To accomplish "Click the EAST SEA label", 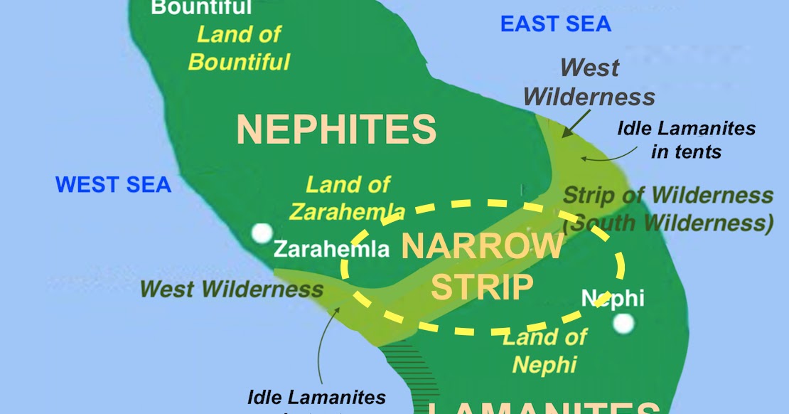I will point(555,23).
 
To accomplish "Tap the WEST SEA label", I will point(113,185).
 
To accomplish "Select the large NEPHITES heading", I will point(336,129).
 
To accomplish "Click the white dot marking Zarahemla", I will point(262,233).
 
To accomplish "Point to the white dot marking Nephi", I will point(623,324).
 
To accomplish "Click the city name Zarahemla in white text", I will point(331,250).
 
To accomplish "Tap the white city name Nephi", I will point(613,297).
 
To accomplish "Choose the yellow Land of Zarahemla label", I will point(348,198).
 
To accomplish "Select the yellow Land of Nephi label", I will point(545,350).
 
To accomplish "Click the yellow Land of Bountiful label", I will point(239,48).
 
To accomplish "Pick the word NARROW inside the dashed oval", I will point(483,246).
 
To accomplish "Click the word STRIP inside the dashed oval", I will point(482,287).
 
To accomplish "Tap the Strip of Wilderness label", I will point(667,195).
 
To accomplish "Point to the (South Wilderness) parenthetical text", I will point(667,223).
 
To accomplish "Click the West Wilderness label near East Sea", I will point(589,82).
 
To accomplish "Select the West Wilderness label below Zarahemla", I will point(231,289).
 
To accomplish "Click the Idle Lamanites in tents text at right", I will point(686,139).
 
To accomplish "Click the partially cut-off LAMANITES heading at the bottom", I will point(544,408).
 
